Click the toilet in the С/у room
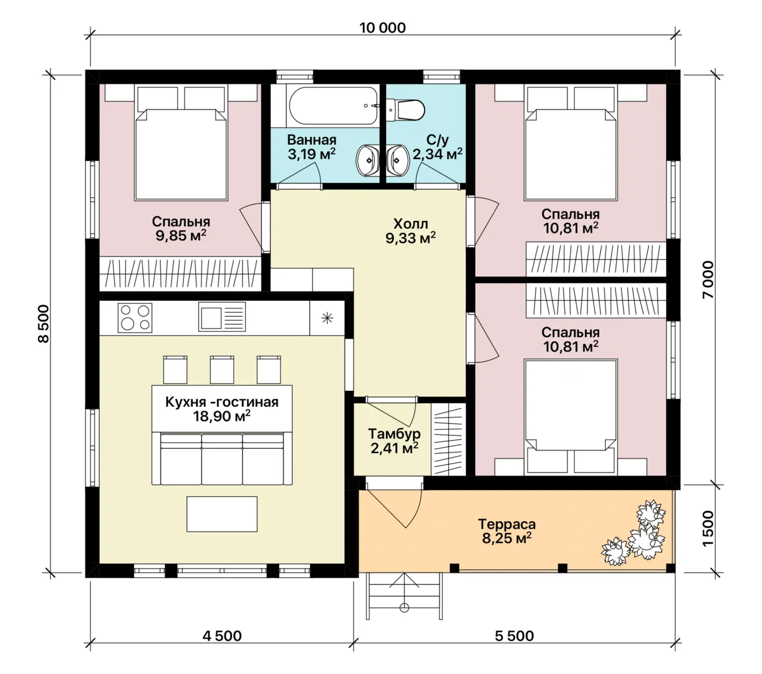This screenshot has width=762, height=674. [405, 110]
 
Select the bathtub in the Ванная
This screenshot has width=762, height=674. [333, 106]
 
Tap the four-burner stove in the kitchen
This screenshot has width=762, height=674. [135, 318]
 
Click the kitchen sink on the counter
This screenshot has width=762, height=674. [222, 317]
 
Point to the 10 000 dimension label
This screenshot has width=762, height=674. [382, 28]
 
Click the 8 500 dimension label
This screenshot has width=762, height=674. [44, 324]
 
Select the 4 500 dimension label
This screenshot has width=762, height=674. [222, 636]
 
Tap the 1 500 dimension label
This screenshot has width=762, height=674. [708, 529]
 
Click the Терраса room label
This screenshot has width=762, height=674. [506, 524]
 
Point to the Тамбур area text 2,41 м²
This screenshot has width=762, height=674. [394, 448]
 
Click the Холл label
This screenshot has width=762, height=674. [411, 223]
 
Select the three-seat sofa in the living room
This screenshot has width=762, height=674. [222, 459]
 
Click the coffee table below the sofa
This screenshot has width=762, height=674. [222, 514]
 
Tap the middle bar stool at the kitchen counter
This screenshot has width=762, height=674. [222, 369]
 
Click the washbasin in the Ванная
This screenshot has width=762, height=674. [367, 160]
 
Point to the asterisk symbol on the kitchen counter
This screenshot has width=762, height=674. [327, 318]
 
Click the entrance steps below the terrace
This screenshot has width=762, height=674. [404, 597]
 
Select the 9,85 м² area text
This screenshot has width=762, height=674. [181, 235]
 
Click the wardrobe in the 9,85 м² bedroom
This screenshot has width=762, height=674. [180, 274]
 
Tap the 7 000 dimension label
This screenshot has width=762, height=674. [708, 280]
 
